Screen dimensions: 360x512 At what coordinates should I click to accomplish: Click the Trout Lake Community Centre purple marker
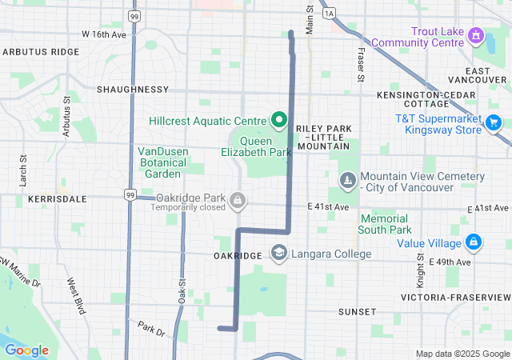476,35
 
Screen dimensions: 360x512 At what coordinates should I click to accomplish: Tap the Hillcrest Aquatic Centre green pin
279,121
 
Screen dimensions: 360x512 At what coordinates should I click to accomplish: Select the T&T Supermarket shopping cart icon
494,122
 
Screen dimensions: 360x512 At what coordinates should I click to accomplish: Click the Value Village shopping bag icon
474,241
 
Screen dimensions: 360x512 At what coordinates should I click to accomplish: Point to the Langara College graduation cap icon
279,254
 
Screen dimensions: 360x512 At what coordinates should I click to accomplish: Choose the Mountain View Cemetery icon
346,181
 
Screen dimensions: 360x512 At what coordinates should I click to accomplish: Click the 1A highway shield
328,14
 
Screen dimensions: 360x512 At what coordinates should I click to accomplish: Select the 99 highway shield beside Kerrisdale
130,194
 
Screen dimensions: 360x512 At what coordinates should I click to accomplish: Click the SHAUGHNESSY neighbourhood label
132,90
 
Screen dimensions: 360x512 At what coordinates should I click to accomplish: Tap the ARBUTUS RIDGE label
41,51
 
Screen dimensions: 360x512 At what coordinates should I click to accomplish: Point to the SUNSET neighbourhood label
357,311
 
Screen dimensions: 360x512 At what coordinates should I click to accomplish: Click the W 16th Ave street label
104,35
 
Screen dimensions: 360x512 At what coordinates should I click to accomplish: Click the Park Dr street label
150,327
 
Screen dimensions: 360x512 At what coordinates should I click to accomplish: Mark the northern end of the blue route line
290,33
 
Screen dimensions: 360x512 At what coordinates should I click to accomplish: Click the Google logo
26,350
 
